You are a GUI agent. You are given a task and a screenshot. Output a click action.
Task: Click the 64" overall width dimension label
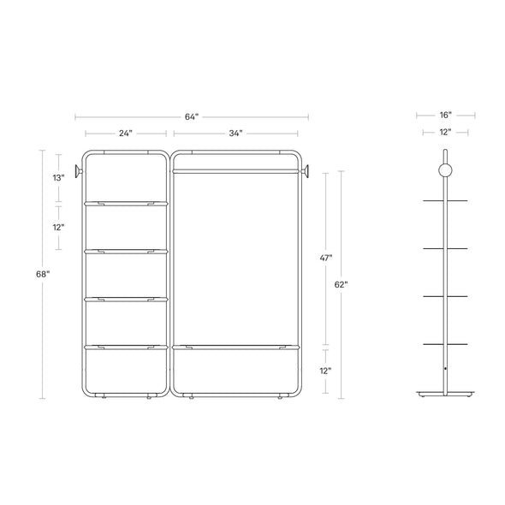point(192,116)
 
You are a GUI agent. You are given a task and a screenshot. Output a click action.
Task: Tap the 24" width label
point(126,133)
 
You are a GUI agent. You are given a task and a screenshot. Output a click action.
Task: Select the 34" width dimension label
point(235,133)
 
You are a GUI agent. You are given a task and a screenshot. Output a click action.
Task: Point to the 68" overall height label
point(43,274)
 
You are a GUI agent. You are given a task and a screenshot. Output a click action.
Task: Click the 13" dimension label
point(58,177)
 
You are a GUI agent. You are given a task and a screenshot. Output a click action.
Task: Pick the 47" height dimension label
point(326,258)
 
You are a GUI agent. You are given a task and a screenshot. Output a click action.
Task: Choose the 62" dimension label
point(341,284)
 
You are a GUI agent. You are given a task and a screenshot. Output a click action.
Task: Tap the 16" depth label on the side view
point(446,115)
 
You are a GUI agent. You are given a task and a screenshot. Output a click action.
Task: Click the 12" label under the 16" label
point(445,132)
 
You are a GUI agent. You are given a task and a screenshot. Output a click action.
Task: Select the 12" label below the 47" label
point(325,371)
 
